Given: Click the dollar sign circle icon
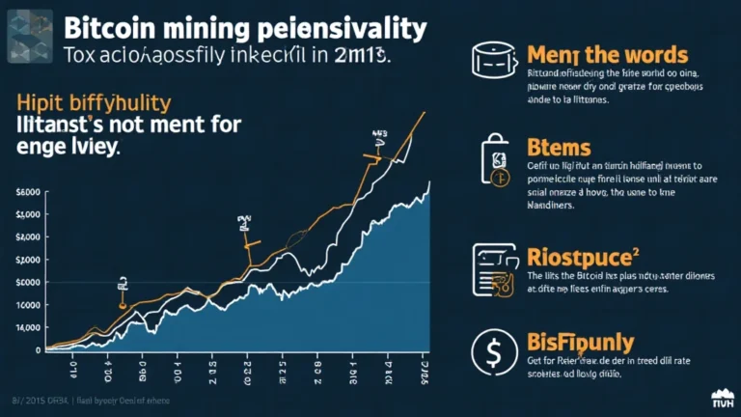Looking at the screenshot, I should pos(492,353).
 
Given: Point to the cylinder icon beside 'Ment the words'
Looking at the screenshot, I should pos(492,61).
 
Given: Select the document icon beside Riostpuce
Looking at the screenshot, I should pos(494,267).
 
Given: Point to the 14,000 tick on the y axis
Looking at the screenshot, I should pos(28,328).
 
